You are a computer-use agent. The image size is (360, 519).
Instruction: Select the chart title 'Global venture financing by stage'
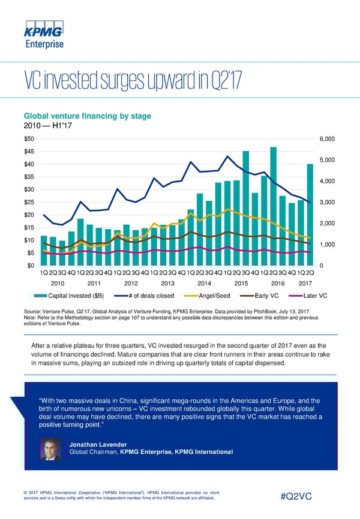pyautogui.click(x=86, y=116)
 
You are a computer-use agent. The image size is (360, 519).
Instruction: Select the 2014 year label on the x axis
pyautogui.click(x=204, y=283)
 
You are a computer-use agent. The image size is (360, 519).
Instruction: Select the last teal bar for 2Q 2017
pyautogui.click(x=310, y=214)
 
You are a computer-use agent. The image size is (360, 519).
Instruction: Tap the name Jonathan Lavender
pyautogui.click(x=98, y=444)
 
